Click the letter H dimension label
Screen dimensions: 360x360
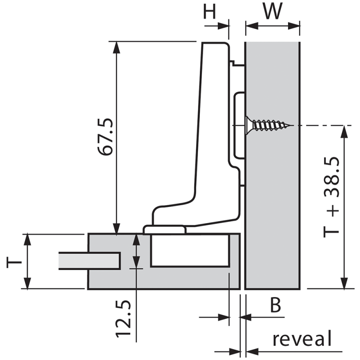click(210, 12)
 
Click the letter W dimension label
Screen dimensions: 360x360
click(273, 12)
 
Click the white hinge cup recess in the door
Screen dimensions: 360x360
click(189, 250)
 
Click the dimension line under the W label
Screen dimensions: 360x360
click(273, 26)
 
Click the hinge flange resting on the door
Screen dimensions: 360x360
click(165, 229)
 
